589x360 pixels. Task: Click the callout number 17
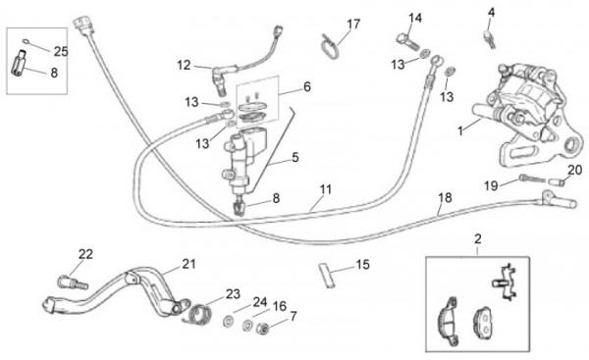[353, 25]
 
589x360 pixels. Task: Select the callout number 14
[415, 18]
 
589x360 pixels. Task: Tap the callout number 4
[492, 13]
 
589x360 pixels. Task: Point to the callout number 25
[61, 51]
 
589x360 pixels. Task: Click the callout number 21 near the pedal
[188, 264]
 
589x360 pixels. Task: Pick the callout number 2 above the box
[478, 238]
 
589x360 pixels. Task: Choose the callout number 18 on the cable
[445, 197]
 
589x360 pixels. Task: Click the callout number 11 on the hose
[325, 189]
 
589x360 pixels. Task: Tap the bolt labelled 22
[72, 283]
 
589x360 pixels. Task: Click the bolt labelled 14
[407, 41]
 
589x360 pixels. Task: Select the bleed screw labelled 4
[489, 39]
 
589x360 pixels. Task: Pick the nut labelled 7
[262, 330]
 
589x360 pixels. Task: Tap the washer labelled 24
[228, 322]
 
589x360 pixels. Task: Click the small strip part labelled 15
[326, 275]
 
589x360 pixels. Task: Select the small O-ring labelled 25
[26, 41]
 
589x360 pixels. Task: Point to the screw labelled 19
[531, 178]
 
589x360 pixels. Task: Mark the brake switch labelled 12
[223, 77]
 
